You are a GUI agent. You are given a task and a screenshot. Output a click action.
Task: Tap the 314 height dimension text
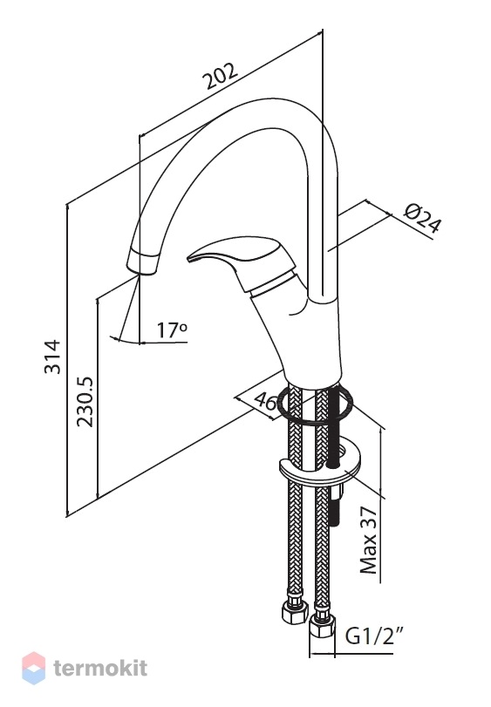[x=52, y=357]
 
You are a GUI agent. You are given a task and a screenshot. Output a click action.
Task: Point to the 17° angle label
[x=172, y=330]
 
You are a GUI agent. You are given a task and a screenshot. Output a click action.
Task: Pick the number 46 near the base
[x=265, y=401]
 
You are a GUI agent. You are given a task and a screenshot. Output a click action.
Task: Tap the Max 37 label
[x=368, y=540]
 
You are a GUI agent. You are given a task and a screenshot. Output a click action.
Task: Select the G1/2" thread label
[x=374, y=636]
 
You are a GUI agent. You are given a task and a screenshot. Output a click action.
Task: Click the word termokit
[x=100, y=667]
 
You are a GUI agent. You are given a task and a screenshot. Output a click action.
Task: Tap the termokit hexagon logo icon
[x=33, y=668]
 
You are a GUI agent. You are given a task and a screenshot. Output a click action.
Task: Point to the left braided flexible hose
[x=295, y=496]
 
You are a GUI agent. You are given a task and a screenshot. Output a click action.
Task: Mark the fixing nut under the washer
[x=337, y=491]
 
